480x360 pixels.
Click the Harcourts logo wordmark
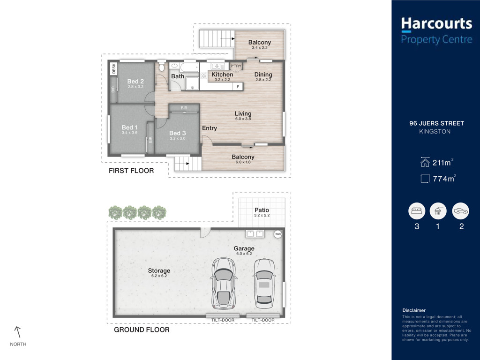436,24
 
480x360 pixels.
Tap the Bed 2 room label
135,82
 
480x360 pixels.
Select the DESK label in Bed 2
114,68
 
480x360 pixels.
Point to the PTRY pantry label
236,66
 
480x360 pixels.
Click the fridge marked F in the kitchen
238,87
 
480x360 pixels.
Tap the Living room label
243,113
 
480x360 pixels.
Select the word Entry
210,128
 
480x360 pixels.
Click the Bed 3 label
178,133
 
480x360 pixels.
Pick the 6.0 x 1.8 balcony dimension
243,162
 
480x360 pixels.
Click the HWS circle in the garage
277,234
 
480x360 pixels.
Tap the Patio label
262,210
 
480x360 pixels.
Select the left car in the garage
224,284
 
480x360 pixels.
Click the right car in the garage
264,284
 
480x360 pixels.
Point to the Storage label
159,270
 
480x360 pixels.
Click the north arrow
18,332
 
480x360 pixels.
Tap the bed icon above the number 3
417,211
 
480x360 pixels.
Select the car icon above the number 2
461,211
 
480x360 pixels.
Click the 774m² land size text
444,179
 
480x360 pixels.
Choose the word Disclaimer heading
414,310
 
